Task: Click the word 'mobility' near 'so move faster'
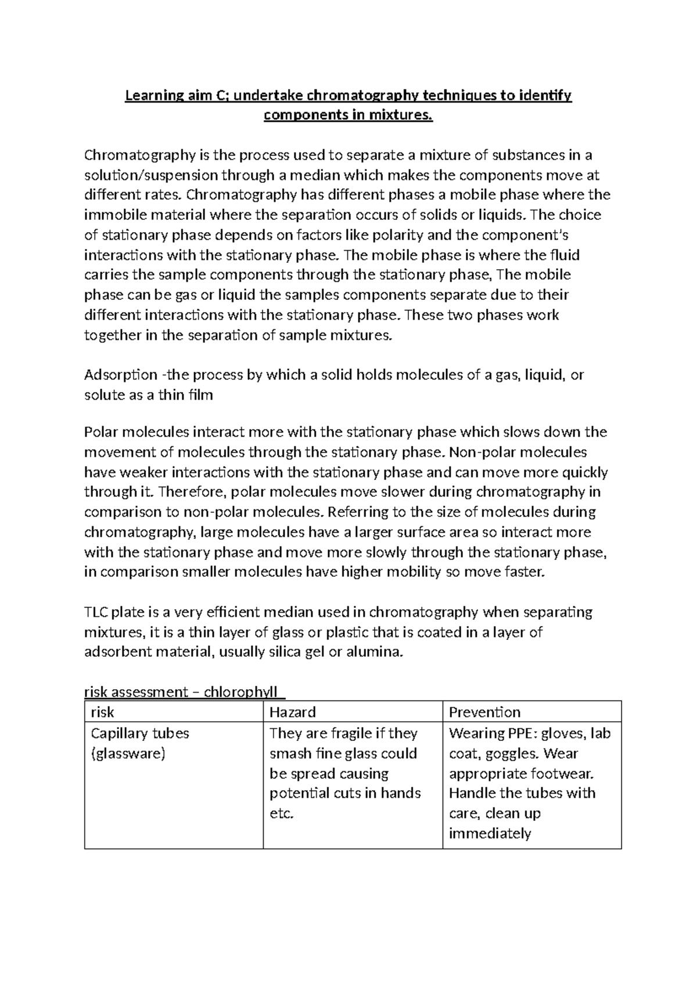(x=415, y=572)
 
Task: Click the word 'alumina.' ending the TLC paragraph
(x=374, y=652)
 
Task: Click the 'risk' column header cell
(x=103, y=712)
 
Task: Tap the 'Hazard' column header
(x=293, y=712)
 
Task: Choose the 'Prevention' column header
(x=484, y=712)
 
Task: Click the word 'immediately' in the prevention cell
(x=490, y=834)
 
